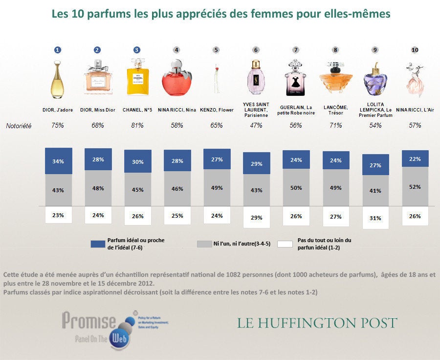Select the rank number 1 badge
(x=58, y=50)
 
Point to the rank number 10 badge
(x=415, y=50)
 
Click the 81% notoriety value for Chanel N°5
(x=137, y=126)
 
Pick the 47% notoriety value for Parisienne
(x=256, y=126)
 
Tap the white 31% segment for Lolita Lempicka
(x=375, y=218)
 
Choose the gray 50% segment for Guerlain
(x=296, y=188)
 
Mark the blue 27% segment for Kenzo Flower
(x=217, y=159)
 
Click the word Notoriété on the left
(x=19, y=126)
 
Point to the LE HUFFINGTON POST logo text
(x=317, y=323)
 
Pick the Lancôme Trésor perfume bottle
(x=335, y=80)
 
